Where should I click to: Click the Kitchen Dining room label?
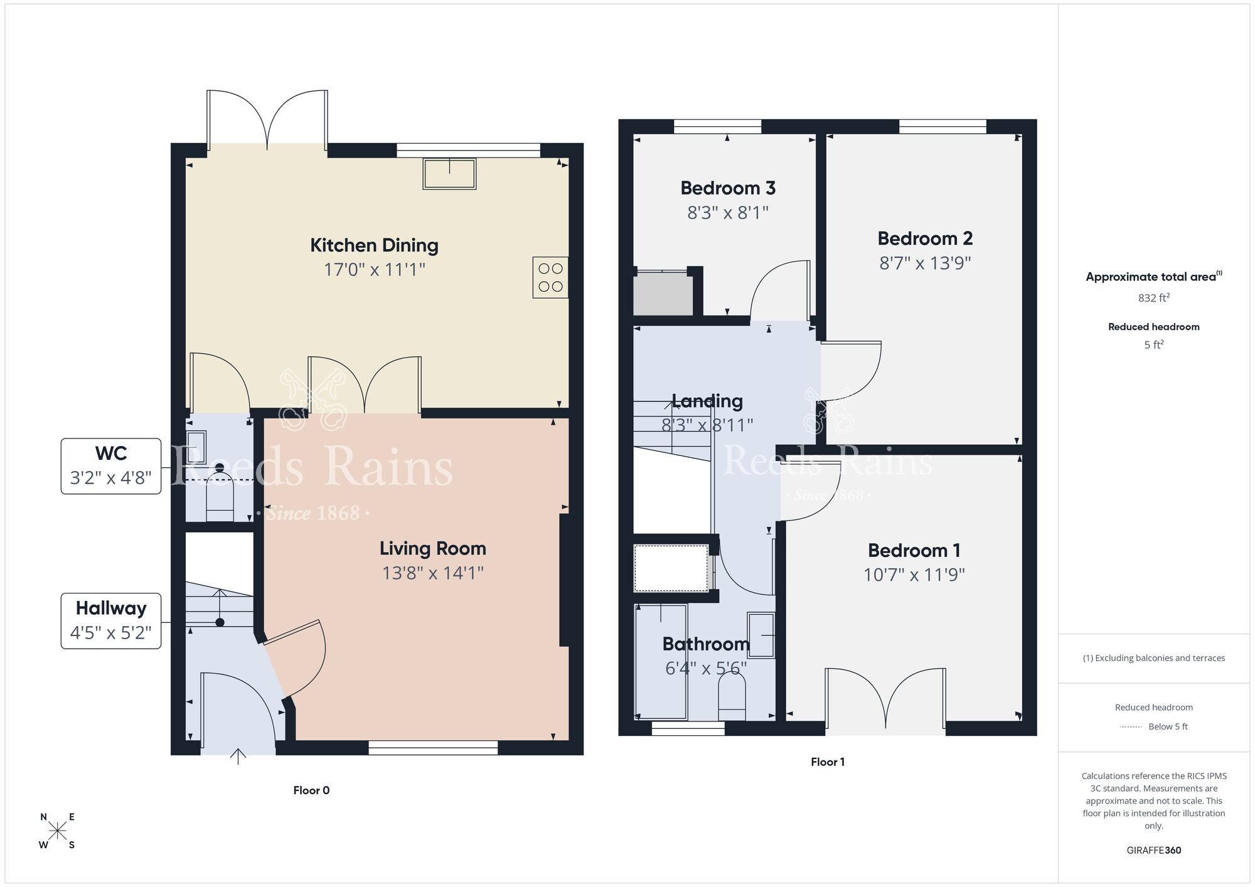click(374, 245)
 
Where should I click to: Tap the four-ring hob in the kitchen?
click(550, 277)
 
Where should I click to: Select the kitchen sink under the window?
click(449, 174)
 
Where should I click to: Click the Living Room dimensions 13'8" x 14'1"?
click(432, 573)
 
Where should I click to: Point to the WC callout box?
click(111, 466)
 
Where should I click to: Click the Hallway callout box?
click(111, 620)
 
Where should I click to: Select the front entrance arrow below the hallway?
click(238, 757)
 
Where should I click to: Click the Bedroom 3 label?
click(728, 188)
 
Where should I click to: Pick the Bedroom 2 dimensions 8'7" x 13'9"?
click(925, 263)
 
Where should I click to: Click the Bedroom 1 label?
click(914, 550)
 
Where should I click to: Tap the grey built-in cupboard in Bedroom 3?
click(663, 294)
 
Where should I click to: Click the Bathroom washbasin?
click(761, 635)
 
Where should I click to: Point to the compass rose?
click(57, 831)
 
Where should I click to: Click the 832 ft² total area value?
click(1153, 298)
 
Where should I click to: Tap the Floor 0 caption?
click(311, 790)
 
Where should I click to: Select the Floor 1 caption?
click(827, 762)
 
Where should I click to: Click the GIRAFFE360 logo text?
click(1153, 851)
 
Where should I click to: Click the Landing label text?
click(707, 401)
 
